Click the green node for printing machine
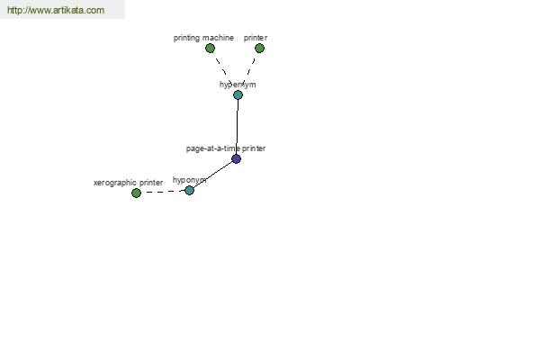tap(210, 49)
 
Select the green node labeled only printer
tap(260, 49)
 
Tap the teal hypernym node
tap(238, 94)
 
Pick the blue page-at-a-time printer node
tap(236, 158)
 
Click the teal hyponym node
tap(189, 190)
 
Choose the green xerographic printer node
tap(137, 193)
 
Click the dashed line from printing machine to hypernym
tap(223, 69)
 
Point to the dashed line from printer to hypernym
tap(249, 70)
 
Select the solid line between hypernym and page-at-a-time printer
tap(238, 127)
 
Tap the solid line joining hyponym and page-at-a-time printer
tap(212, 175)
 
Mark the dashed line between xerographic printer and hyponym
tap(163, 192)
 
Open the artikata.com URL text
tap(56, 10)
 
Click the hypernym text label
tap(238, 85)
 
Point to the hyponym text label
tap(189, 180)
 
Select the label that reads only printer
tap(256, 38)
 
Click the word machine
tap(219, 38)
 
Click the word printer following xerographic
tap(151, 183)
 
